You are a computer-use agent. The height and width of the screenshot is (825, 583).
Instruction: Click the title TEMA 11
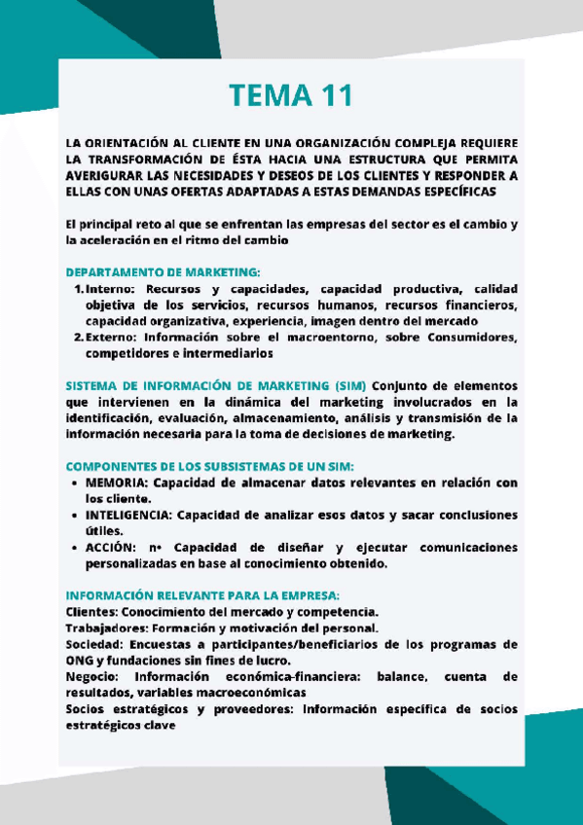click(290, 95)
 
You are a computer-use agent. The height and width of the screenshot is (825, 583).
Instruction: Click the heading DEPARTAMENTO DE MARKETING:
click(163, 272)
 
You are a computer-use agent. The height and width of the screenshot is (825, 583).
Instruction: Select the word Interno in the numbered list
click(110, 289)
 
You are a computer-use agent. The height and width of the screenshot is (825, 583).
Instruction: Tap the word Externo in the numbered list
click(112, 338)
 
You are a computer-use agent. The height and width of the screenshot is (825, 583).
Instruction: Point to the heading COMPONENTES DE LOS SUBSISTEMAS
click(209, 465)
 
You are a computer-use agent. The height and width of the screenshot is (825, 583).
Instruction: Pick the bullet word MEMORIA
click(116, 482)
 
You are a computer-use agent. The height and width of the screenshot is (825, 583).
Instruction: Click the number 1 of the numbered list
click(77, 289)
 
